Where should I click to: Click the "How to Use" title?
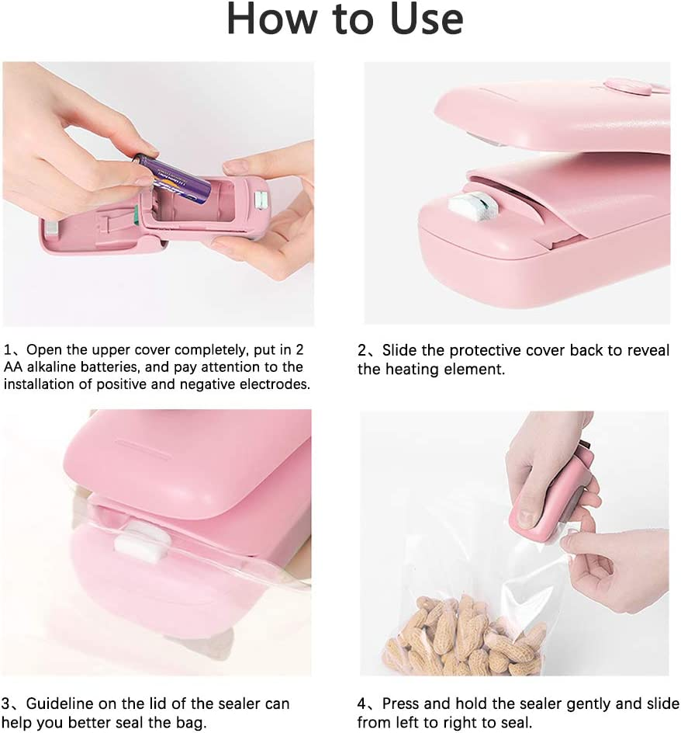344,21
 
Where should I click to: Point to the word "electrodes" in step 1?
271,384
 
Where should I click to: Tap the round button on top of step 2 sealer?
627,87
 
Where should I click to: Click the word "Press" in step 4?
402,704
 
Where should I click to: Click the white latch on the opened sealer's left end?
51,228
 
